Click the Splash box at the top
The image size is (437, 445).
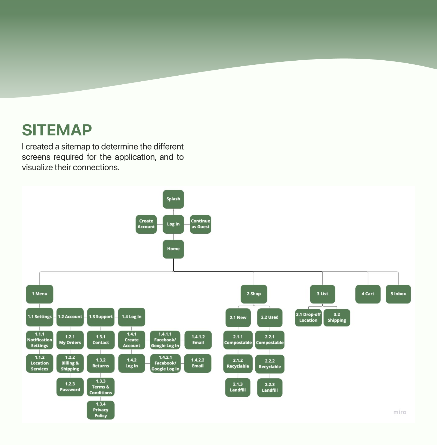173,199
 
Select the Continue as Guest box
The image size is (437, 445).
200,224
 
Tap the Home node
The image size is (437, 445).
173,249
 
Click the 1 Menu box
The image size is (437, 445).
40,294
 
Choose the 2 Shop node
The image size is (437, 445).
254,294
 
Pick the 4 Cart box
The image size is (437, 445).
368,294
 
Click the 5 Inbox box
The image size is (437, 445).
398,294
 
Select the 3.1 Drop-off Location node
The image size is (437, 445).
308,318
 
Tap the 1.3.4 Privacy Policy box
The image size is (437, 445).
101,410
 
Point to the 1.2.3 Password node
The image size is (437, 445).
70,387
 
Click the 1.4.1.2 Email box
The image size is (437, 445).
198,340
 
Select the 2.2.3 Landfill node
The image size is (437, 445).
270,387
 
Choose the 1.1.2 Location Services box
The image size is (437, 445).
40,363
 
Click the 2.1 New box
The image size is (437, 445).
238,318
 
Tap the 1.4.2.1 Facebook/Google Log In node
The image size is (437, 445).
165,363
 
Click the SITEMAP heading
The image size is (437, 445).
57,130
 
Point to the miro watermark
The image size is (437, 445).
400,412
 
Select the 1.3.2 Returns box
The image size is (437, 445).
101,363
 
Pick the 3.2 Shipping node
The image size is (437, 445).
337,318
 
